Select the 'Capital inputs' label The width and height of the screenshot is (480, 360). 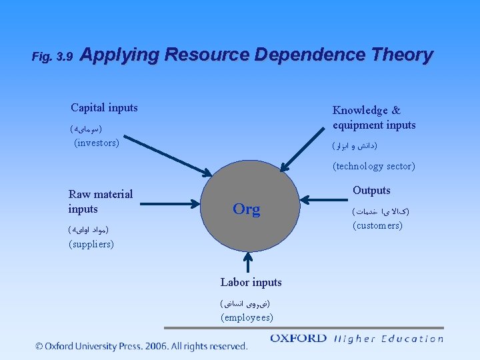(x=104, y=107)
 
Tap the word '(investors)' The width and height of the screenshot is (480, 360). (x=97, y=143)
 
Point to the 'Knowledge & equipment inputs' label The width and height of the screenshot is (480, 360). (x=373, y=117)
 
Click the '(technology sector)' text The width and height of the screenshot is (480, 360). (x=373, y=166)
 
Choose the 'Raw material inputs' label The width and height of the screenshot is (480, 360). (x=100, y=201)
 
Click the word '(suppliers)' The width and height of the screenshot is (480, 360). (x=91, y=244)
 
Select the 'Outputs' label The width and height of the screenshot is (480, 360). (x=371, y=190)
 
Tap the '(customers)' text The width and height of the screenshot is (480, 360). (x=377, y=225)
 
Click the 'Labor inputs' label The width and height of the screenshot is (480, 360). (x=251, y=282)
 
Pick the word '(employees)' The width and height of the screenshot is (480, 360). (x=247, y=317)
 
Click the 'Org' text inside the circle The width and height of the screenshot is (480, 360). (x=246, y=209)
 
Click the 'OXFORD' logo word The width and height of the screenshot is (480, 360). (x=298, y=339)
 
